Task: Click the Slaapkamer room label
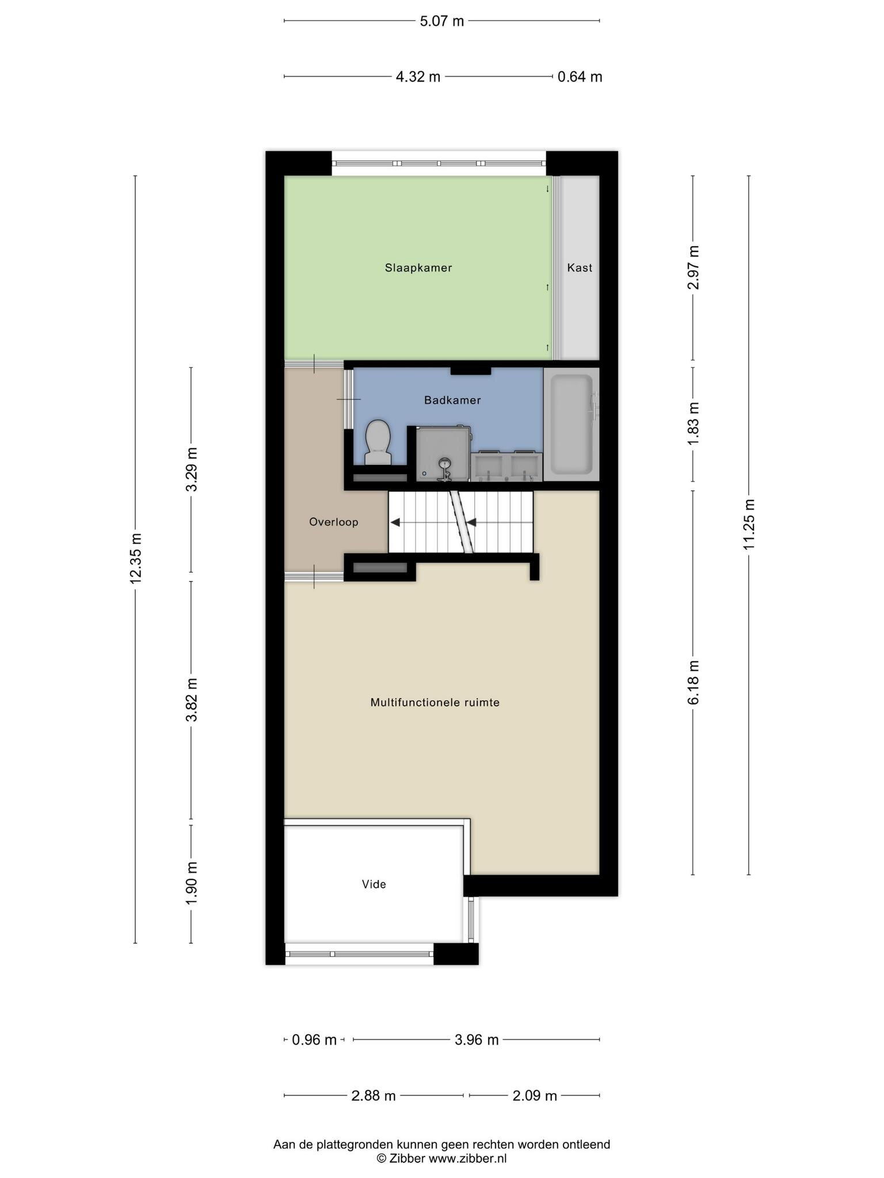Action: [x=418, y=267]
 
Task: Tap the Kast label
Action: [x=580, y=267]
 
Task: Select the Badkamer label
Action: [x=452, y=400]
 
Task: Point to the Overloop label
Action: [x=334, y=522]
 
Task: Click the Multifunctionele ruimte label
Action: [x=435, y=702]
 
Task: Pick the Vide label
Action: [x=374, y=884]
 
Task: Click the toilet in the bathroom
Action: [x=378, y=442]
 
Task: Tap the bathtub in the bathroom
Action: [x=571, y=424]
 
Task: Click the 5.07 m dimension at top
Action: [x=442, y=21]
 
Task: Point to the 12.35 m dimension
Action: [x=136, y=559]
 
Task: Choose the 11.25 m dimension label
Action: [x=749, y=524]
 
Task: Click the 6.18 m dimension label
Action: [x=694, y=682]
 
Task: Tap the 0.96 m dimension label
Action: [x=314, y=1040]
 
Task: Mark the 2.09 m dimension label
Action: [x=535, y=1096]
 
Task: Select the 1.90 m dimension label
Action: [x=192, y=883]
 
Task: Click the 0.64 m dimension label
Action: [x=580, y=77]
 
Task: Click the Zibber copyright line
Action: [x=442, y=1158]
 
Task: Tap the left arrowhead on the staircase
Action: [x=395, y=522]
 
